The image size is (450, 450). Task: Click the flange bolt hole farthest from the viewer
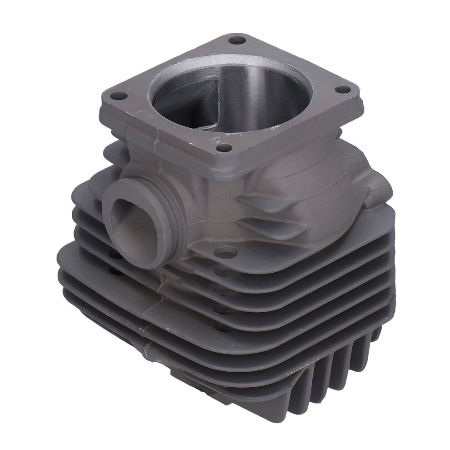[x=237, y=40]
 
